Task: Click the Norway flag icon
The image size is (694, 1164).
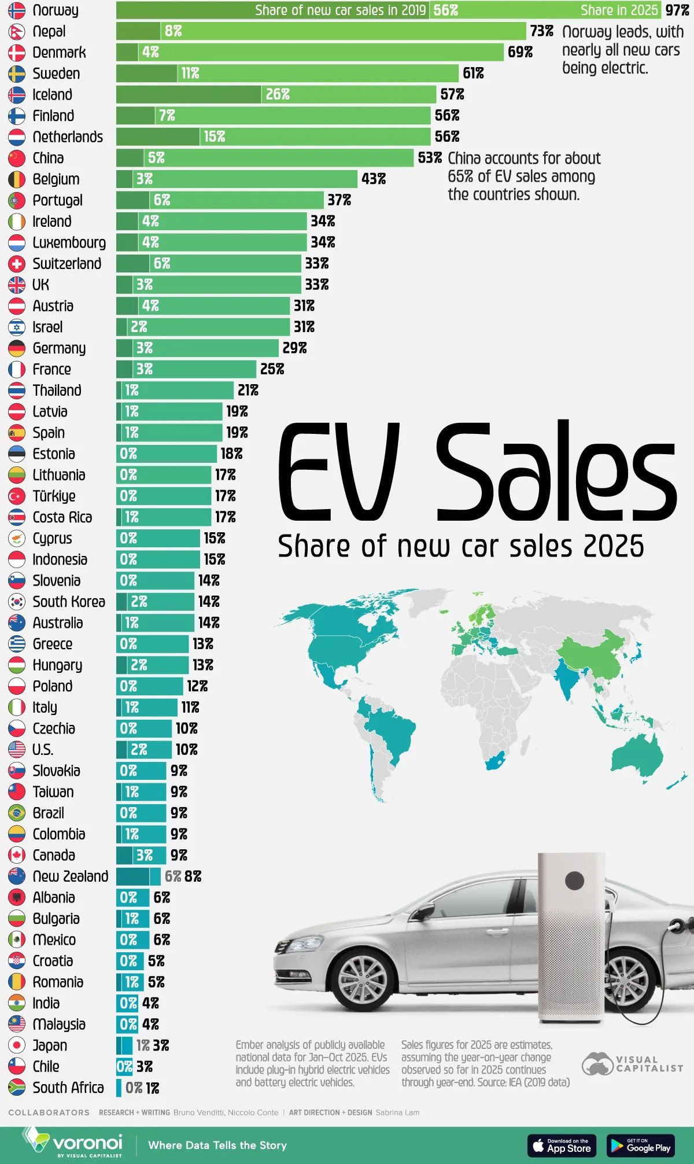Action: point(17,10)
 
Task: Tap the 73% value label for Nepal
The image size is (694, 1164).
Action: point(541,31)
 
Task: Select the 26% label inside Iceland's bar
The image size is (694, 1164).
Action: point(278,94)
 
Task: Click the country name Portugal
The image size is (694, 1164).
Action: point(57,200)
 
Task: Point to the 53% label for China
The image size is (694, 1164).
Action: point(430,158)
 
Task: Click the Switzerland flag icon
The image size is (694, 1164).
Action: point(17,264)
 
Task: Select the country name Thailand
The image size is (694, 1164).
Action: point(57,391)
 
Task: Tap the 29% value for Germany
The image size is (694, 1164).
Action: point(294,348)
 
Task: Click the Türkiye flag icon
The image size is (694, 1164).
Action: point(17,496)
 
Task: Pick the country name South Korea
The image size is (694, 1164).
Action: point(69,602)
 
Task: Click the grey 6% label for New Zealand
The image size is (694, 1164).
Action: point(172,876)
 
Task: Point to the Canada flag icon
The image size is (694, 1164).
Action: point(17,856)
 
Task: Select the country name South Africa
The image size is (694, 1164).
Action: point(68,1088)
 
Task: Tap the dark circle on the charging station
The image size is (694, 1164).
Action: point(574,881)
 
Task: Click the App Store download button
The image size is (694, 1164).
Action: point(561,1145)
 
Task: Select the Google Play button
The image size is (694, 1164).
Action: point(640,1145)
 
